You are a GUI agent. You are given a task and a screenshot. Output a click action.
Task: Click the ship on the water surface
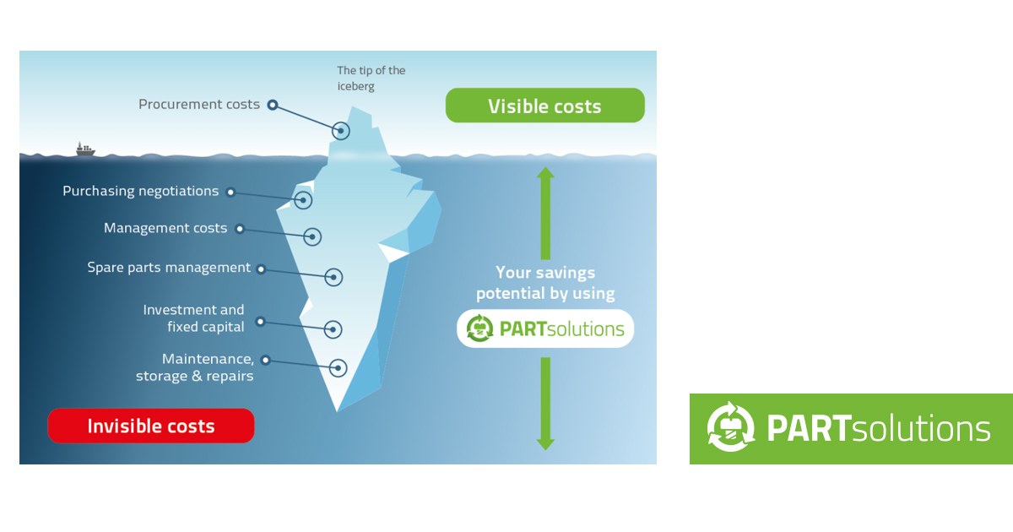(x=85, y=149)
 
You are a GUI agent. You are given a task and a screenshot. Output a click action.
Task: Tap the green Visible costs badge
(x=544, y=106)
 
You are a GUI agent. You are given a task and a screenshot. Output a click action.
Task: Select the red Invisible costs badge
(x=151, y=426)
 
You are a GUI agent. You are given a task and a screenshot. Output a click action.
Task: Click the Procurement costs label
(x=199, y=105)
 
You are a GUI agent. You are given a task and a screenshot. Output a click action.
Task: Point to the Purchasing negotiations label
(x=140, y=191)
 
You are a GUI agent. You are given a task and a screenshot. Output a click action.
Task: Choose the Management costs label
(x=165, y=228)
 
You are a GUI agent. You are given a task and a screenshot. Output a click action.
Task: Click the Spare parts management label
(x=169, y=268)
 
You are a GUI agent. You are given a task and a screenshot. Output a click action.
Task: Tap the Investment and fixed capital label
(x=193, y=318)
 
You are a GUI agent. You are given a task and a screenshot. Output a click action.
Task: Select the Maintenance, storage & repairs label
(x=195, y=367)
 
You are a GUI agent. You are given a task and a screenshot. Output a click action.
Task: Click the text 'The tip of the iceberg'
(x=371, y=78)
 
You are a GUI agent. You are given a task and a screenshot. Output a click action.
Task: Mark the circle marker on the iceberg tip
(x=341, y=130)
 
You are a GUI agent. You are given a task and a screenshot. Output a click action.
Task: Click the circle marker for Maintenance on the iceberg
(x=338, y=367)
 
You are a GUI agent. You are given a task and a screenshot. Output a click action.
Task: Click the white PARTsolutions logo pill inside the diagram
(x=545, y=328)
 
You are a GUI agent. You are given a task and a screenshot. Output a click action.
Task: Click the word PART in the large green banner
(x=806, y=428)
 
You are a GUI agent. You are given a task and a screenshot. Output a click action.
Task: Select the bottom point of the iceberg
(x=337, y=410)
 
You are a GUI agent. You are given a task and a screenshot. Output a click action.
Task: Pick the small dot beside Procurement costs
(x=272, y=106)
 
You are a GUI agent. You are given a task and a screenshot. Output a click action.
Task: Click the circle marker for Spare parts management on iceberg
(x=333, y=277)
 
